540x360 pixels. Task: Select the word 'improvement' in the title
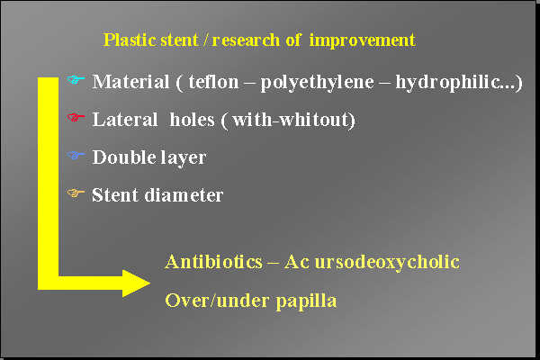[x=364, y=40]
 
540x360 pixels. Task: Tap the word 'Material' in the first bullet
[x=130, y=82]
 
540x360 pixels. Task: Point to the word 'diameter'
[x=184, y=194]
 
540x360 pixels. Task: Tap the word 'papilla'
[x=306, y=301]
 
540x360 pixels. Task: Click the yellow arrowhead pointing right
[x=135, y=283]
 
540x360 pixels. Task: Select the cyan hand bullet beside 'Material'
[x=76, y=81]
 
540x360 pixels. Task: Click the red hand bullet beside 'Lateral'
[x=76, y=118]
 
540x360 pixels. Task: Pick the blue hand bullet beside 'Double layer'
[x=76, y=156]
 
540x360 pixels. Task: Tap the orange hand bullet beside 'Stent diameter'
[x=76, y=193]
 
